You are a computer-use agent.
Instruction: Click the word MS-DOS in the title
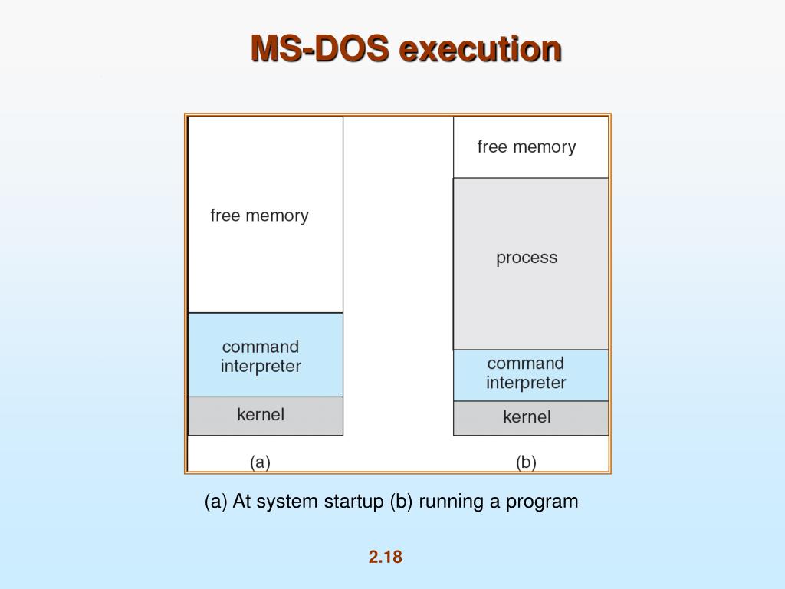coord(321,49)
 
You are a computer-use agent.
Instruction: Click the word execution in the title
coord(481,49)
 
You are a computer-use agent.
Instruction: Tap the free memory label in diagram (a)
coord(259,216)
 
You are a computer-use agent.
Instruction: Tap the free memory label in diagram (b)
coord(526,146)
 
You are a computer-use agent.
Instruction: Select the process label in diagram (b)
coord(527,258)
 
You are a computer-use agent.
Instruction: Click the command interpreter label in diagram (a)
coord(261,357)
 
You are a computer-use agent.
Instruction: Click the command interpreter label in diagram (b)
coord(526,373)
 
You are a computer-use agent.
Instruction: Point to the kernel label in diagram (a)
coord(261,414)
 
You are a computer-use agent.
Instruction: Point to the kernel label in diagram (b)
coord(527,416)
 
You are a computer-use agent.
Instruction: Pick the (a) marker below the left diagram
coord(261,462)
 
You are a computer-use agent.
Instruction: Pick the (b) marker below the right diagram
coord(526,462)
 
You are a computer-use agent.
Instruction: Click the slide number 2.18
coord(385,557)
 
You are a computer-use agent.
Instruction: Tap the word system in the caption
coord(287,502)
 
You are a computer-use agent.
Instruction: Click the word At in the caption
coord(242,502)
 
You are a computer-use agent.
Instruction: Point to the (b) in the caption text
coord(401,502)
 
